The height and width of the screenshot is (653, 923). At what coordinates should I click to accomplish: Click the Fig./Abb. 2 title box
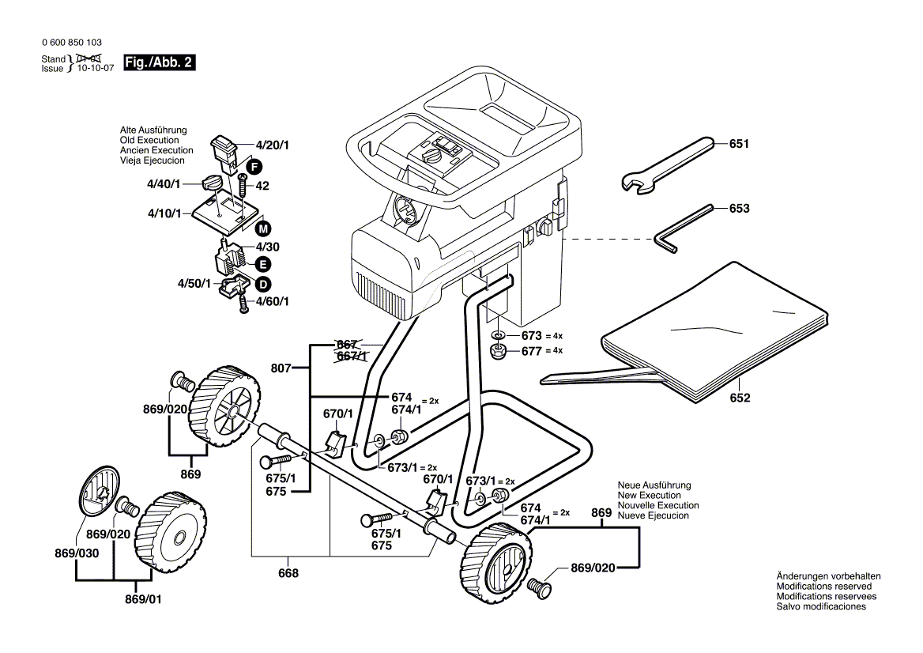(159, 62)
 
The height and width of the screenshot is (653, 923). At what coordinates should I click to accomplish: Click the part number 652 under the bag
(740, 398)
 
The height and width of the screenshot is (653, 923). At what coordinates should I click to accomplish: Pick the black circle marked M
(263, 228)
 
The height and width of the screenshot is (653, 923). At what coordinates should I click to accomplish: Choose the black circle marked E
(262, 264)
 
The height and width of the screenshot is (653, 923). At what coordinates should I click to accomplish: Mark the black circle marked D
(262, 284)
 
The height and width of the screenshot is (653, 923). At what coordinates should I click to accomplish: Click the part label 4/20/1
(272, 145)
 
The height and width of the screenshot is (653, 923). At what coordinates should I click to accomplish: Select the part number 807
(281, 368)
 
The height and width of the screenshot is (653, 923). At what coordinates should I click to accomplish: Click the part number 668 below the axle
(289, 573)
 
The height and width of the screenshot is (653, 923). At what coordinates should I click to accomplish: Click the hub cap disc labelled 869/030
(100, 494)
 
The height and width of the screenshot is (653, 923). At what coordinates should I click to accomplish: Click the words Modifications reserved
(824, 587)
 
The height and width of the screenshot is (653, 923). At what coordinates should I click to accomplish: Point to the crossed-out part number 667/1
(352, 356)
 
